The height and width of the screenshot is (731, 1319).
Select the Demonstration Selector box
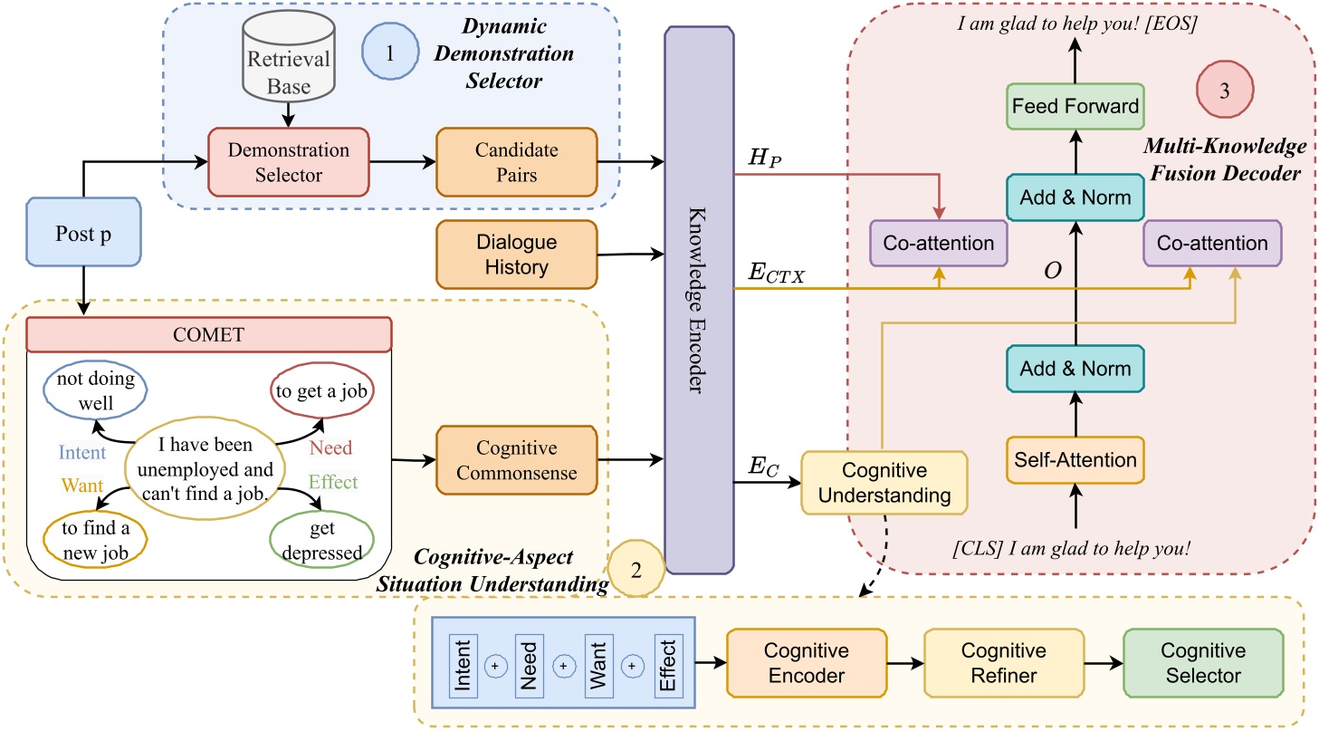click(x=287, y=162)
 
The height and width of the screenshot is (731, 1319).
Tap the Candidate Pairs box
click(x=516, y=162)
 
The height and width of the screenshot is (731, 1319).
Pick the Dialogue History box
click(x=516, y=255)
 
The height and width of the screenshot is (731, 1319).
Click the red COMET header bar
click(x=209, y=335)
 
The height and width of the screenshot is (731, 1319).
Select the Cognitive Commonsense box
click(x=516, y=461)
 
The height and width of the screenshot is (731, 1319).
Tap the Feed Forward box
click(x=1075, y=106)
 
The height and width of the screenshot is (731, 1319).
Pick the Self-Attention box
click(x=1075, y=460)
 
